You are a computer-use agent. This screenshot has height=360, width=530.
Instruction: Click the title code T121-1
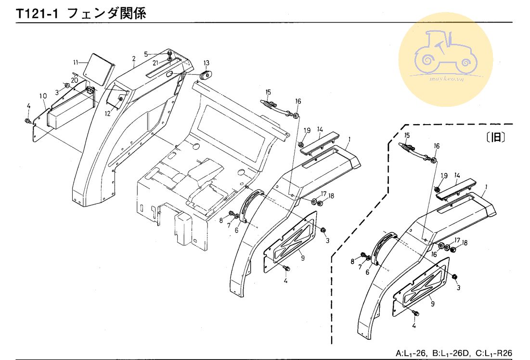(37, 14)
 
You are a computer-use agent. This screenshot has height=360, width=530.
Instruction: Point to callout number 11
(75, 63)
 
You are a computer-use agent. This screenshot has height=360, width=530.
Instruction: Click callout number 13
(206, 63)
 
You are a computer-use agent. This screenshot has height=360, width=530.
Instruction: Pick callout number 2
(133, 59)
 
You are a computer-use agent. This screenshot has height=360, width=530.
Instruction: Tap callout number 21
(156, 63)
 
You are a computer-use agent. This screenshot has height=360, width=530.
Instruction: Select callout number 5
(147, 53)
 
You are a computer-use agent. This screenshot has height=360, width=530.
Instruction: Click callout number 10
(43, 96)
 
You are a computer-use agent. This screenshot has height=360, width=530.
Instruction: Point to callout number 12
(107, 114)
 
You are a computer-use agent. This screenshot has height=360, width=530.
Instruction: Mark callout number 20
(75, 80)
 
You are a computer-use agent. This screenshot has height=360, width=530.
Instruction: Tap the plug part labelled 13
(207, 76)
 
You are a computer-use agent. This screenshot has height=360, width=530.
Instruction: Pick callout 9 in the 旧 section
(432, 304)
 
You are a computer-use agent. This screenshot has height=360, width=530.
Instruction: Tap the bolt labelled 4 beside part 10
(28, 120)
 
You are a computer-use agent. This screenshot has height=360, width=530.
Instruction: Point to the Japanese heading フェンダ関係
(106, 14)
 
